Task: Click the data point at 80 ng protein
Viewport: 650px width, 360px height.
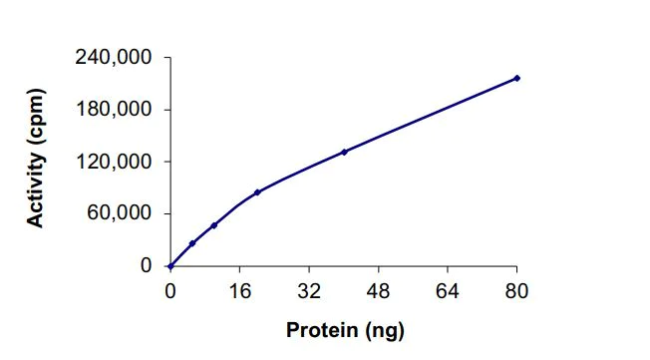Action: (517, 78)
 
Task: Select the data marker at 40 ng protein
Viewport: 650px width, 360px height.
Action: (344, 152)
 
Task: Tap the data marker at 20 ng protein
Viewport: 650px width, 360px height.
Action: (257, 192)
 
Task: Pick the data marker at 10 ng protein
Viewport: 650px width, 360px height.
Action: (214, 225)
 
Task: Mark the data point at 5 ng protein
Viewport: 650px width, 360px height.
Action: (192, 243)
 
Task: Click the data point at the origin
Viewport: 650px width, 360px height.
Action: (170, 266)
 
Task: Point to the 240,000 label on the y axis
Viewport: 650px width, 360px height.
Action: (114, 58)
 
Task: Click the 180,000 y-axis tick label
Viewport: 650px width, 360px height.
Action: (114, 110)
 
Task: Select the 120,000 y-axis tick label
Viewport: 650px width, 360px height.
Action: (114, 162)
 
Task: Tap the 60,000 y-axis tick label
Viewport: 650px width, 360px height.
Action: (120, 213)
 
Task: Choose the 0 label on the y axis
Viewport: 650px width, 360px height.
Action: (145, 266)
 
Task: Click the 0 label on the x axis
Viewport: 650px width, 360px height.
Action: (170, 291)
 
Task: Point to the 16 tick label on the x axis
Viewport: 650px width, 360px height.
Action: (239, 291)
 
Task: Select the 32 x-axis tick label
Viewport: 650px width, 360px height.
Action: (309, 291)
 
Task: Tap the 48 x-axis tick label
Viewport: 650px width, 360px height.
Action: (378, 291)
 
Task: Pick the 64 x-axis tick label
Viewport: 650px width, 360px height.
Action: (448, 291)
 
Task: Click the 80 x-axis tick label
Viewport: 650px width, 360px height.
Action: (516, 291)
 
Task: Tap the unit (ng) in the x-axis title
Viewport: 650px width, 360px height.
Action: (385, 330)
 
